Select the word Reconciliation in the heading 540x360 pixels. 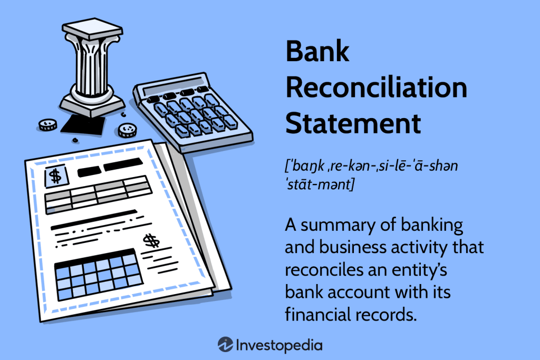point(376,88)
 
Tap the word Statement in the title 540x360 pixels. point(353,123)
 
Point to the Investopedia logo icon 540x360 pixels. point(225,345)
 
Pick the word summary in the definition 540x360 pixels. point(339,225)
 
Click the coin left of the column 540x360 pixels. point(47,125)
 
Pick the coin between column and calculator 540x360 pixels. point(127,130)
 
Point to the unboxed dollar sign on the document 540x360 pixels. point(151,241)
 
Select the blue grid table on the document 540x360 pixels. point(96,277)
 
